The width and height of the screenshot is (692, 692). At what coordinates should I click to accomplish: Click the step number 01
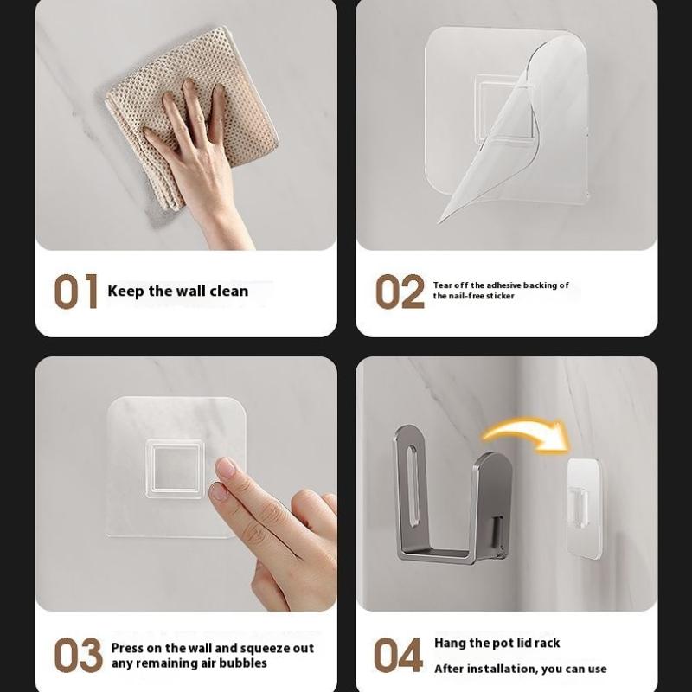pos(76,292)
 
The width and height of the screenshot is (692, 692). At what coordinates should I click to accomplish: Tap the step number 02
pos(400,292)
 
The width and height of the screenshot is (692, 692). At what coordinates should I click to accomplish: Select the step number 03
pos(78,655)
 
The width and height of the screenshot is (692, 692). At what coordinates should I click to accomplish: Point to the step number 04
pos(398,655)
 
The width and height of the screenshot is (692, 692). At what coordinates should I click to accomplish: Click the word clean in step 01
pos(229,291)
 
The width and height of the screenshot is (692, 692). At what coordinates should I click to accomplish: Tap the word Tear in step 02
pos(443,285)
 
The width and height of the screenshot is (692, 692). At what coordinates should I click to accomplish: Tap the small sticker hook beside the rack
pos(585,509)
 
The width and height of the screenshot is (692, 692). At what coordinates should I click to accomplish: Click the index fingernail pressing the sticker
pos(226,468)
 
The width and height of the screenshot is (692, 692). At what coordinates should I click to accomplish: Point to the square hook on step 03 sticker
pos(176,469)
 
